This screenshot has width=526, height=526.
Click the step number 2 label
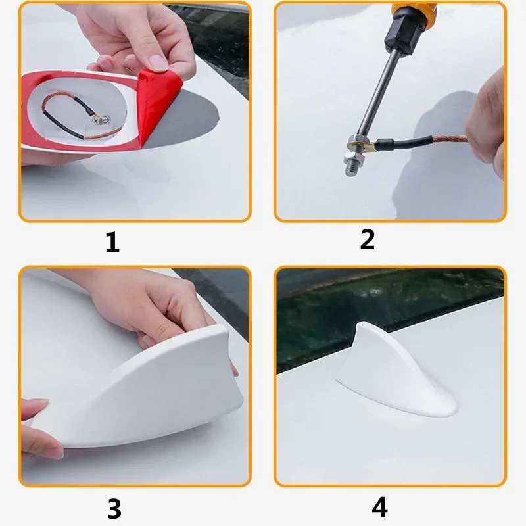(367, 240)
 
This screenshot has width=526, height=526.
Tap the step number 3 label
(114, 508)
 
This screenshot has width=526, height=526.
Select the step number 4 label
(379, 507)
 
